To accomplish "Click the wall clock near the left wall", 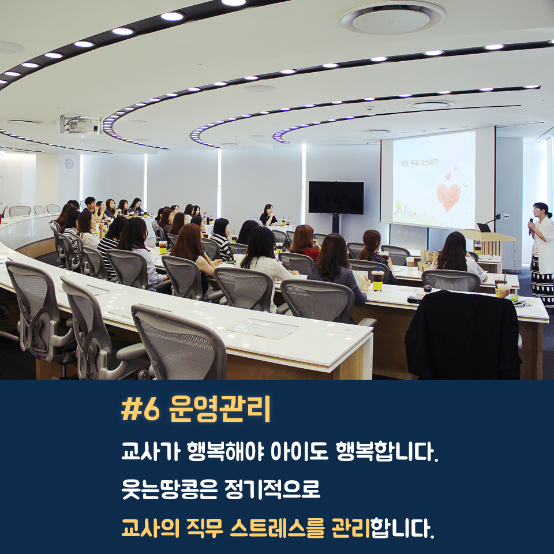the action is pyautogui.click(x=69, y=163).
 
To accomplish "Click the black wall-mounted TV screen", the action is pyautogui.click(x=336, y=197).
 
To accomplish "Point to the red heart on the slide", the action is pyautogui.click(x=448, y=196).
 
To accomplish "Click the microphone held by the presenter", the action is pyautogui.click(x=531, y=226).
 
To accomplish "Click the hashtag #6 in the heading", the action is pyautogui.click(x=140, y=410).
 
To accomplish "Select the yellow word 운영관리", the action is pyautogui.click(x=219, y=409).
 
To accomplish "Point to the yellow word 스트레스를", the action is pyautogui.click(x=277, y=528).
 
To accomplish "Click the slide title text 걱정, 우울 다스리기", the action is pyautogui.click(x=419, y=163).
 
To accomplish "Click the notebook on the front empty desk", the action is pyautogui.click(x=262, y=328).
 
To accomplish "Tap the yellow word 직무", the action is pyautogui.click(x=205, y=528).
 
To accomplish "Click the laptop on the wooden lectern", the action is pyautogui.click(x=484, y=227).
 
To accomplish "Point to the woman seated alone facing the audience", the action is pyautogui.click(x=268, y=215).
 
